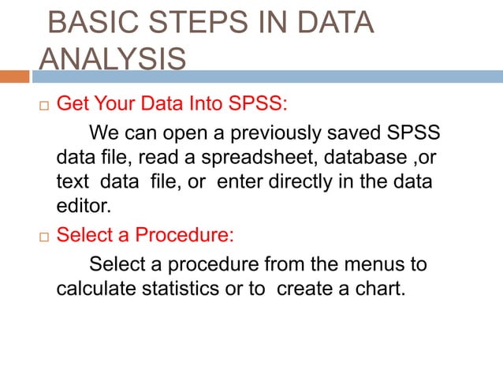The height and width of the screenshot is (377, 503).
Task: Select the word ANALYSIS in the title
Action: point(113,58)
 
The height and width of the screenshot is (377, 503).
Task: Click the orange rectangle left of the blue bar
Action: point(14,77)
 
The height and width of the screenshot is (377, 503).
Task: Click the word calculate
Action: point(92,289)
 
